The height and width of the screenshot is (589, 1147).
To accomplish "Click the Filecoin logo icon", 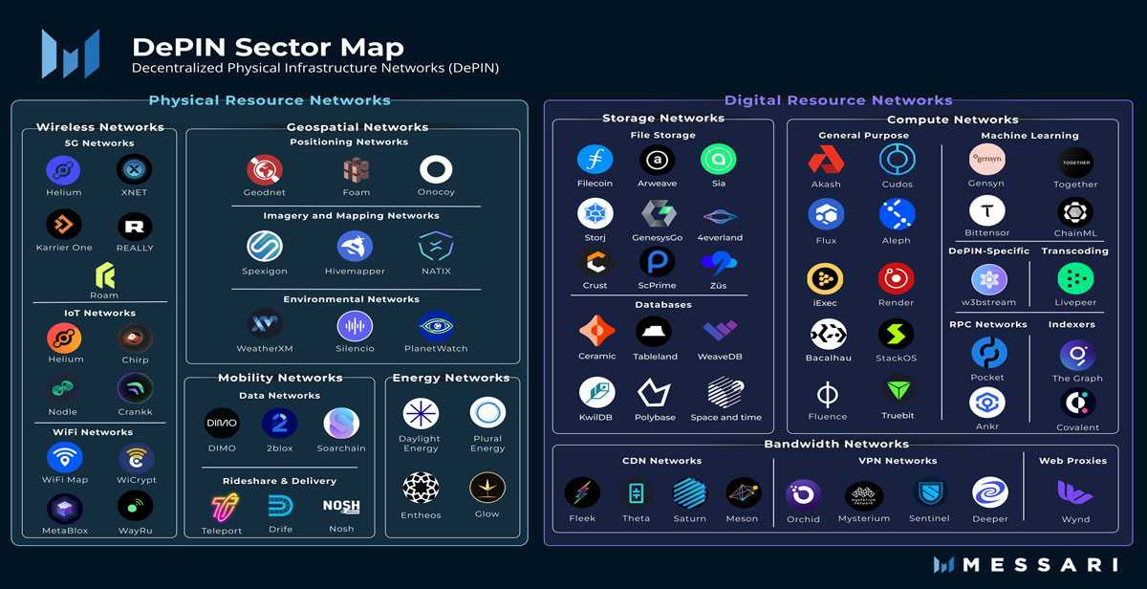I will click(595, 159).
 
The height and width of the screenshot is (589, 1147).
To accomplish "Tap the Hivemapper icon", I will click(355, 247).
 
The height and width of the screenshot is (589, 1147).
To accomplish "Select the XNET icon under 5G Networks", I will click(134, 170).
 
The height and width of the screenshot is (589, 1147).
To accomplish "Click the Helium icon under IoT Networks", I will click(64, 338).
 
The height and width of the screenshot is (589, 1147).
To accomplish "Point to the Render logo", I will click(896, 278).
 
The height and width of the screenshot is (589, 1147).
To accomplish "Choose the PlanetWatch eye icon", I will click(436, 325).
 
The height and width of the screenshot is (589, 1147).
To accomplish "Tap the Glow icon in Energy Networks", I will click(487, 488).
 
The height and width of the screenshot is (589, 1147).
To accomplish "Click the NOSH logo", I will click(341, 507).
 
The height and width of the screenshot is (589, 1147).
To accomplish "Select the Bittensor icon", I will click(987, 211).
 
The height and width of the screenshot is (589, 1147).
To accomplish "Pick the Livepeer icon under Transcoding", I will click(1075, 279).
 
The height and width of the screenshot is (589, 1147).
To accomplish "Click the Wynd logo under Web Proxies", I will click(1074, 492).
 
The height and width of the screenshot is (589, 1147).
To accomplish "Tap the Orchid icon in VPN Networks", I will click(803, 494).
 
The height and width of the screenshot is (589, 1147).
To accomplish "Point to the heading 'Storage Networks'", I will click(663, 119).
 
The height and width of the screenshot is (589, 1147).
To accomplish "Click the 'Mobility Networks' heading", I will click(280, 378).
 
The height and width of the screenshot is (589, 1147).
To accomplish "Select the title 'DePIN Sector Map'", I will click(268, 46).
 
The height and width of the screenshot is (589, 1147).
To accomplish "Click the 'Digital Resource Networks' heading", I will click(838, 100).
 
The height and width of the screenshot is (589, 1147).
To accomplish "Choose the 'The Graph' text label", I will click(1077, 379).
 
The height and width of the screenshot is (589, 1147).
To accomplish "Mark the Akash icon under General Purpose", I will click(826, 160).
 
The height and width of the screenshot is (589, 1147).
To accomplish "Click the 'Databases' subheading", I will click(662, 305).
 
